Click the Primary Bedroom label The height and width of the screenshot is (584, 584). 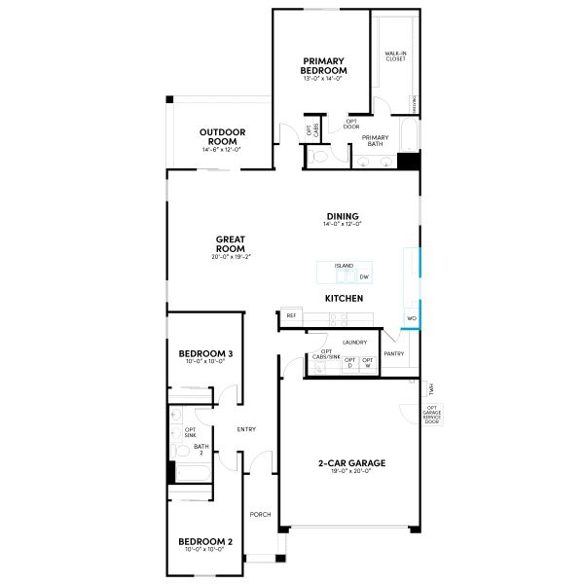325,65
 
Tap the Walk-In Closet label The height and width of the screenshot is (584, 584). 394,56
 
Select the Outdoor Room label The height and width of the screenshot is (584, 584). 222,136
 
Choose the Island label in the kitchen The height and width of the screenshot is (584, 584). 344,265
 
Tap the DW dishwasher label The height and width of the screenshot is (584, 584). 363,277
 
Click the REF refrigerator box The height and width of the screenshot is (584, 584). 291,316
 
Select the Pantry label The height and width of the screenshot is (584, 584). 394,353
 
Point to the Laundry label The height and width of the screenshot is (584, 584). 353,343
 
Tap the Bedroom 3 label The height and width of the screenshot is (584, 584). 204,353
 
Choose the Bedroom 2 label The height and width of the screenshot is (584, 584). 204,541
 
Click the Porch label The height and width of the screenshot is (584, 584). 260,515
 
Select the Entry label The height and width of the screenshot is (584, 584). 246,429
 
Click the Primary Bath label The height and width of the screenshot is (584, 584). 375,141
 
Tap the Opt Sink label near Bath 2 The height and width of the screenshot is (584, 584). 191,432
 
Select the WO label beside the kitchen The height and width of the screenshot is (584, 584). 412,318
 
